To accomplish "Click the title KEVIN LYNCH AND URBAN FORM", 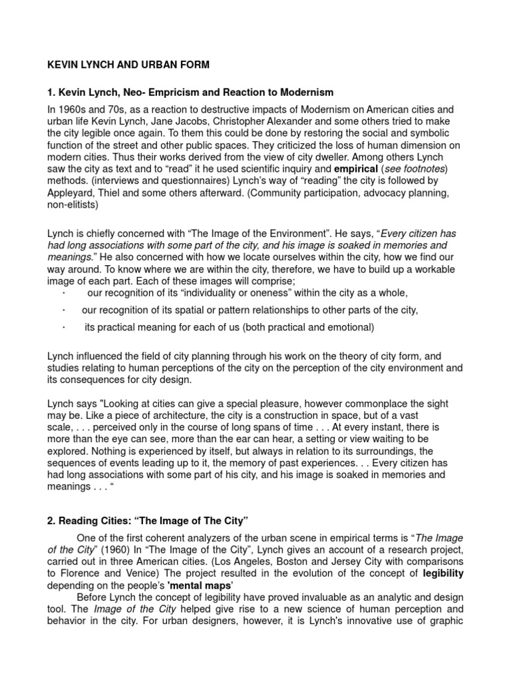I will pyautogui.click(x=128, y=65).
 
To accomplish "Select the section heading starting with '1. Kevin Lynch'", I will pyautogui.click(x=190, y=91).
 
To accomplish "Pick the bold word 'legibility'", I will pyautogui.click(x=438, y=573).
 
